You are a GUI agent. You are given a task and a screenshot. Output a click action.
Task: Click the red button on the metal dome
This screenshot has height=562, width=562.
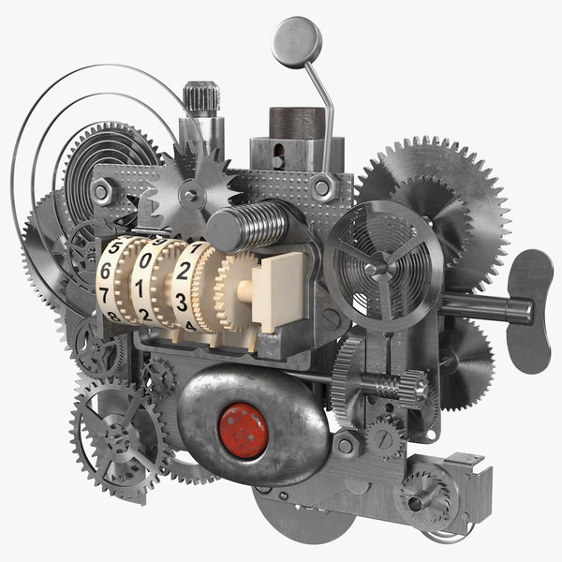click(244, 430)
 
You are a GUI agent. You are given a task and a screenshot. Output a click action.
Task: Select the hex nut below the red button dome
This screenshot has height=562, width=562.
click(347, 444)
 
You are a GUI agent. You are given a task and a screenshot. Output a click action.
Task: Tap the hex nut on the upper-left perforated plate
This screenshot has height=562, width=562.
click(104, 193)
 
